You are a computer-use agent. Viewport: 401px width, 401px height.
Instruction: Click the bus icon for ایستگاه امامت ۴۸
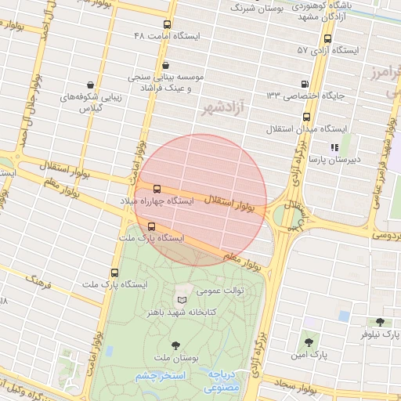point(167,24)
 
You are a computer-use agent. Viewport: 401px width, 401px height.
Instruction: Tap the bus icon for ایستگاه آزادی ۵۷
point(327,38)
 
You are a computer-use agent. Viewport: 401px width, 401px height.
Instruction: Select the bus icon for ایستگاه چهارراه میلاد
point(157,190)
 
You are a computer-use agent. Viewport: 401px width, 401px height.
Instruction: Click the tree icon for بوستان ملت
point(175,345)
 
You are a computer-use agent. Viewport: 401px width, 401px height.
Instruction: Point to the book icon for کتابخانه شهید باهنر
point(182,300)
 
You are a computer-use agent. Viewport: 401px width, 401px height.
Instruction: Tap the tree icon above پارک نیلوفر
point(380,322)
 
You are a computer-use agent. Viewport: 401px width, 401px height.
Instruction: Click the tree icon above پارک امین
point(308,342)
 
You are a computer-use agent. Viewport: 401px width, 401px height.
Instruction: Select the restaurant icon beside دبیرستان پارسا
point(334,146)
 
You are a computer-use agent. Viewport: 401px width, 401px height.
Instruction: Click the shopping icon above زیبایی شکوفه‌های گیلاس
point(92,85)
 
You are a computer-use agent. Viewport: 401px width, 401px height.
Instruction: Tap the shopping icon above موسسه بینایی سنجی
point(164,65)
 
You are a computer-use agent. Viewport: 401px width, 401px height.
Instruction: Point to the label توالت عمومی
point(220,291)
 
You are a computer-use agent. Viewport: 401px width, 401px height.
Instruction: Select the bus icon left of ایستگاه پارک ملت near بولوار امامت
point(115,273)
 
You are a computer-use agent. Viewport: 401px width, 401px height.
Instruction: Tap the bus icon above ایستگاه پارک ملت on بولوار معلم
point(151,226)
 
